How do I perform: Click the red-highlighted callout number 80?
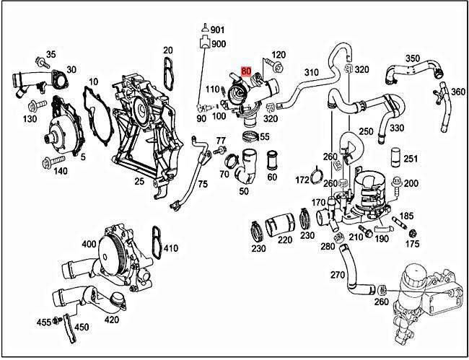point(247,71)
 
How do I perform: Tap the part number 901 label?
point(218,30)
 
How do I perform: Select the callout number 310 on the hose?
point(311,73)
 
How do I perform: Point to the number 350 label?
point(412,58)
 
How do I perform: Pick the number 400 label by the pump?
point(88,244)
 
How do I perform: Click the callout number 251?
point(410,158)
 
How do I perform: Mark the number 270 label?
point(338,275)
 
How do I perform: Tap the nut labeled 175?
point(413,234)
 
